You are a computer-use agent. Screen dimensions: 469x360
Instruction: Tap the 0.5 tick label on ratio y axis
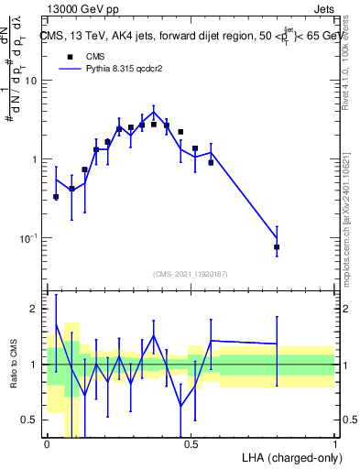(x=30, y=420)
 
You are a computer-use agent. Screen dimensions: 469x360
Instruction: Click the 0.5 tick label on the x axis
(x=191, y=444)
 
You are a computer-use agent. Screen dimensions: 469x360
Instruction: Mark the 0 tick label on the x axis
(x=47, y=444)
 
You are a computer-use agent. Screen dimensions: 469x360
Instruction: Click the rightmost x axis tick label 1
(x=334, y=444)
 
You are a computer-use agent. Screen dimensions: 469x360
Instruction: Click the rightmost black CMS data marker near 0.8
(x=277, y=247)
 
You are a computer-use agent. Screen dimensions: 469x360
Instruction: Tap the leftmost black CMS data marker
(x=56, y=197)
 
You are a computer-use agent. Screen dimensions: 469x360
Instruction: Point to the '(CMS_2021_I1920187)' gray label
(x=191, y=274)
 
